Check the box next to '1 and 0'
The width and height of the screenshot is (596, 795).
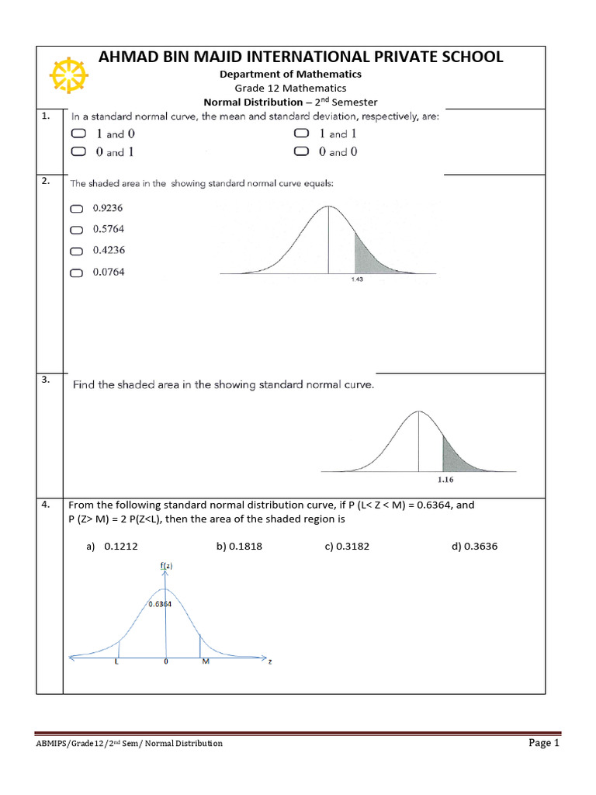tap(78, 134)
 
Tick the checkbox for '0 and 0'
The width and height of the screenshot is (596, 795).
tap(301, 152)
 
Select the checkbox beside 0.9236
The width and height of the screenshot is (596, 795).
tap(76, 209)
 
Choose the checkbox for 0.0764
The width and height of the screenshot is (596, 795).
tap(76, 273)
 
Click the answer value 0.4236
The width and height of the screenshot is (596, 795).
tap(109, 250)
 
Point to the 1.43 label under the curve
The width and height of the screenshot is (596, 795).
tap(358, 280)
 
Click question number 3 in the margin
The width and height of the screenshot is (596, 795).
tap(46, 380)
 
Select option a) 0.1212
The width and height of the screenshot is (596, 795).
tap(113, 547)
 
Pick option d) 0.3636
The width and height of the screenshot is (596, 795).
tap(474, 547)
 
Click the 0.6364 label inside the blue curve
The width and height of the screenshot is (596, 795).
tap(160, 603)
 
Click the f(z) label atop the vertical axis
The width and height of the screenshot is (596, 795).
tap(166, 567)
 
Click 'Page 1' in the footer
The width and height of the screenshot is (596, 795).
tap(544, 743)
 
